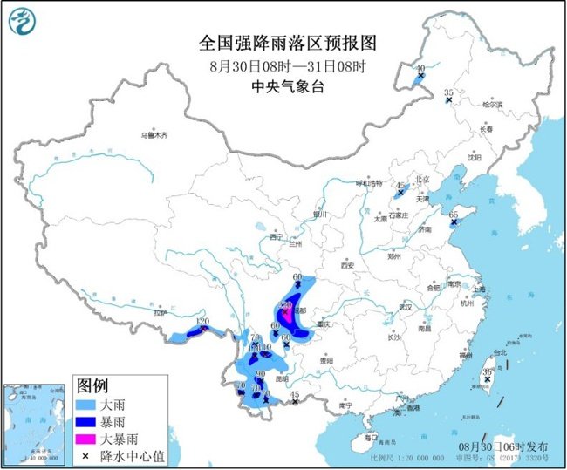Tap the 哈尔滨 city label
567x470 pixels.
tap(493, 104)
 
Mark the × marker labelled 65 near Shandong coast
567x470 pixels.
tap(453, 224)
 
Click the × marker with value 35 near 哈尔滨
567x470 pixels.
tap(449, 101)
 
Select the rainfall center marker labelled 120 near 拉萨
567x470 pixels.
tap(203, 329)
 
